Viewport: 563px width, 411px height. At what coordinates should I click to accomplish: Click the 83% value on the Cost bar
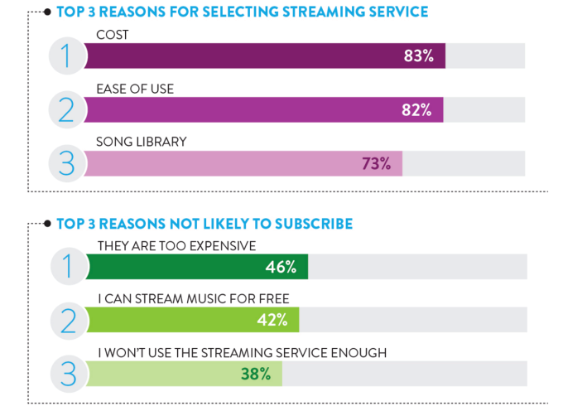417,57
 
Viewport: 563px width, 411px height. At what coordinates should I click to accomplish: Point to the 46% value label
281,267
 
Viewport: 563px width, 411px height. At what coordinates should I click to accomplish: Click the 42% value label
272,321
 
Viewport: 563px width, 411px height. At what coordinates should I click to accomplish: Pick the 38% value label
256,374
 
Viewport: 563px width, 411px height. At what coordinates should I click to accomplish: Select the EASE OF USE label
136,89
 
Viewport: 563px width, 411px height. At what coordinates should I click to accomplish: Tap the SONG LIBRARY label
142,142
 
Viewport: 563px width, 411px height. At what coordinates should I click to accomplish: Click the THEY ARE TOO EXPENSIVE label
176,245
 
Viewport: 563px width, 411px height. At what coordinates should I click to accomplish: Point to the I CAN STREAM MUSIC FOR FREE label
193,299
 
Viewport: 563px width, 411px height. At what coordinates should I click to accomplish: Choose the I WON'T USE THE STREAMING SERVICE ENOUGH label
242,352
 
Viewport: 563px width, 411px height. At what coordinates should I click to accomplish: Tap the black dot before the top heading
47,12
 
